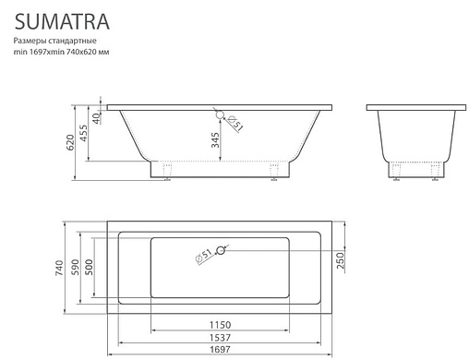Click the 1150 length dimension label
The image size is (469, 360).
click(x=220, y=326)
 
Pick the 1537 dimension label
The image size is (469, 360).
click(x=220, y=338)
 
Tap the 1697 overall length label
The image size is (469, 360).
click(x=220, y=351)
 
